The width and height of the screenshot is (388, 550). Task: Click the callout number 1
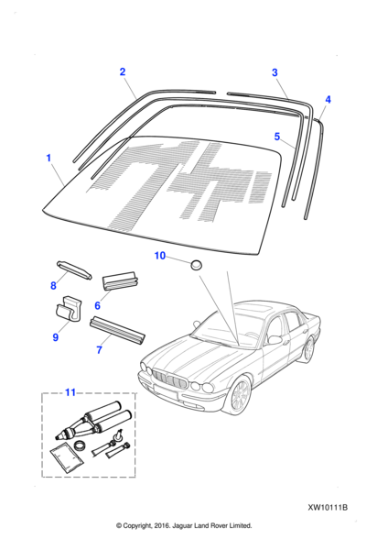(48, 158)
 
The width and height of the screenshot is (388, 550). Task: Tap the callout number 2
(123, 71)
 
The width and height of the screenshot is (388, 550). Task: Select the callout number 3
(275, 72)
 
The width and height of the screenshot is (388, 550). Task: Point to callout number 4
(328, 99)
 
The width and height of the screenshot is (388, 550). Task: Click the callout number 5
(277, 136)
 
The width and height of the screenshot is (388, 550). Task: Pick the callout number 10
(159, 256)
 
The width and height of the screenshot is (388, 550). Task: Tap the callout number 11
(70, 391)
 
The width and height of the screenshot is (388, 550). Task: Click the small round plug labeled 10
(197, 265)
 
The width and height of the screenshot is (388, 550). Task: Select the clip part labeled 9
(69, 309)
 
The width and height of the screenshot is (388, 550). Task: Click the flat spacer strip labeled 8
(74, 270)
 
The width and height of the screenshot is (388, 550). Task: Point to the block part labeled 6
(120, 280)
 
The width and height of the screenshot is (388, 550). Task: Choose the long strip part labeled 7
(117, 330)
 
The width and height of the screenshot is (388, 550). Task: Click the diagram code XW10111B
(328, 508)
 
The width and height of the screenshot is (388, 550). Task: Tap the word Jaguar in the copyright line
(183, 525)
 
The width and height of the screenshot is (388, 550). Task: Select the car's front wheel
(241, 395)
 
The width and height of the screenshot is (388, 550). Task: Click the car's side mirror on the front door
(275, 339)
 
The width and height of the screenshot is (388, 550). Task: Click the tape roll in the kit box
(81, 446)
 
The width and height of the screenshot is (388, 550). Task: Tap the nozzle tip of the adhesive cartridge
(58, 437)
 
